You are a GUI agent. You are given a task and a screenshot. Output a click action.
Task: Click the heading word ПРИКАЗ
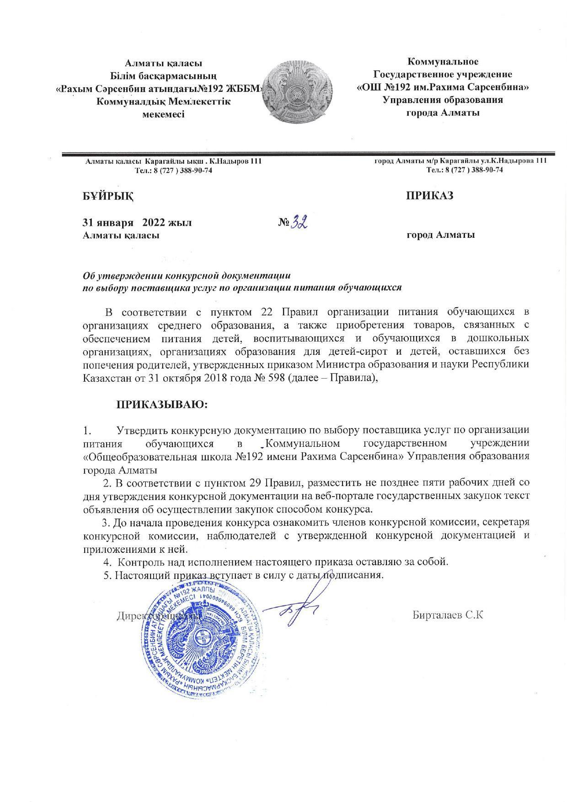pos(430,196)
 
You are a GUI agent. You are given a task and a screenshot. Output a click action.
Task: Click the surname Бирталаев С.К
pos(448,615)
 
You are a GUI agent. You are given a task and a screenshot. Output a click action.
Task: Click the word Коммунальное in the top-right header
pos(443,61)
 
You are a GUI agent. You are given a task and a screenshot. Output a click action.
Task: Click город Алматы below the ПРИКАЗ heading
pos(440,235)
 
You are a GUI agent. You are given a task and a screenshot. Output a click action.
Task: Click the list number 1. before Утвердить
pos(87,430)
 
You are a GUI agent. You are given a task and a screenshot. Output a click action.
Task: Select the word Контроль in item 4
pos(139,561)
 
